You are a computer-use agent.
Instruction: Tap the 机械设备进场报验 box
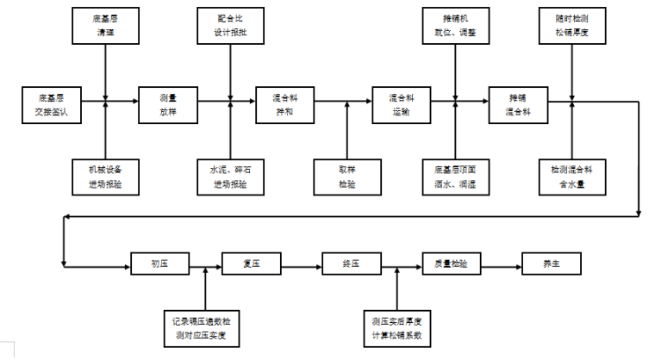[105, 177]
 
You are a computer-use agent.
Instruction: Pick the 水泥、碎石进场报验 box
[230, 177]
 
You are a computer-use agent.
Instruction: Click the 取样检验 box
[345, 177]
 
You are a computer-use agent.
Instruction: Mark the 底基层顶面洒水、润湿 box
[454, 177]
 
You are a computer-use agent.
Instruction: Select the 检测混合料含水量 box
[572, 177]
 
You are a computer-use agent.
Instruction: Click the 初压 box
[158, 264]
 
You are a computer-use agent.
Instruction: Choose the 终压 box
[351, 264]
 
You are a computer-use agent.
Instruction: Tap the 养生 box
[551, 264]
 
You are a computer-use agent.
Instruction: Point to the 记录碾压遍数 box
[205, 325]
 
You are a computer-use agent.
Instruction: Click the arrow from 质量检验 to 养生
[499, 264]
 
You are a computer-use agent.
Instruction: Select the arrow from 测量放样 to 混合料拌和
[225, 102]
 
